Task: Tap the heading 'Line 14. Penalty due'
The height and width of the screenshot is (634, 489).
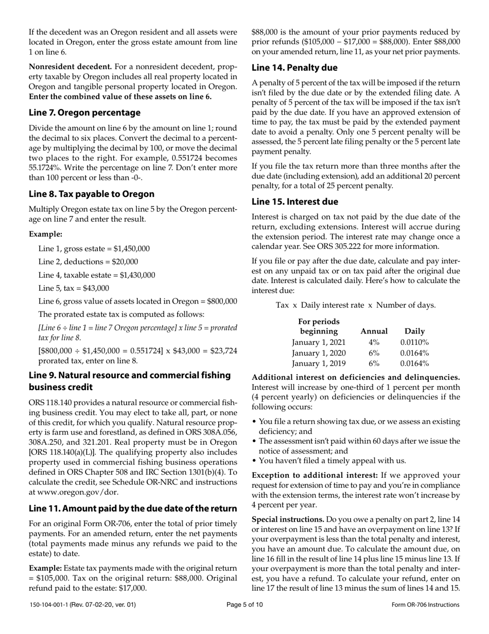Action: coord(294,68)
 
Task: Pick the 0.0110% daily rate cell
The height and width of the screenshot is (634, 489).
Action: coord(415,342)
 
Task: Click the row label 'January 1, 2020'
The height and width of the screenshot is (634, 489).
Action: coord(319,353)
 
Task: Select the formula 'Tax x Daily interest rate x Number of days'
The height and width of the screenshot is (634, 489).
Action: coord(356,305)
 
